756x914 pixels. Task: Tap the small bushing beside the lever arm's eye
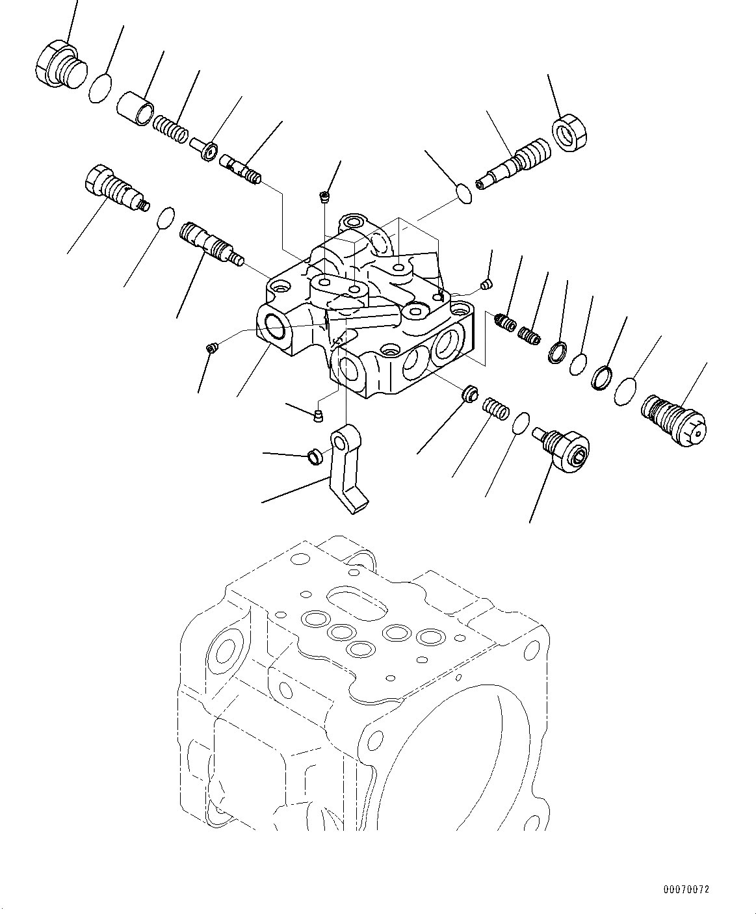click(315, 458)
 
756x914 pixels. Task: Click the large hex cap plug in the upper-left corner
click(59, 64)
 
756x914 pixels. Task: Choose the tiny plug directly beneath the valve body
click(318, 415)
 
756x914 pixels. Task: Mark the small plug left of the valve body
click(211, 349)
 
